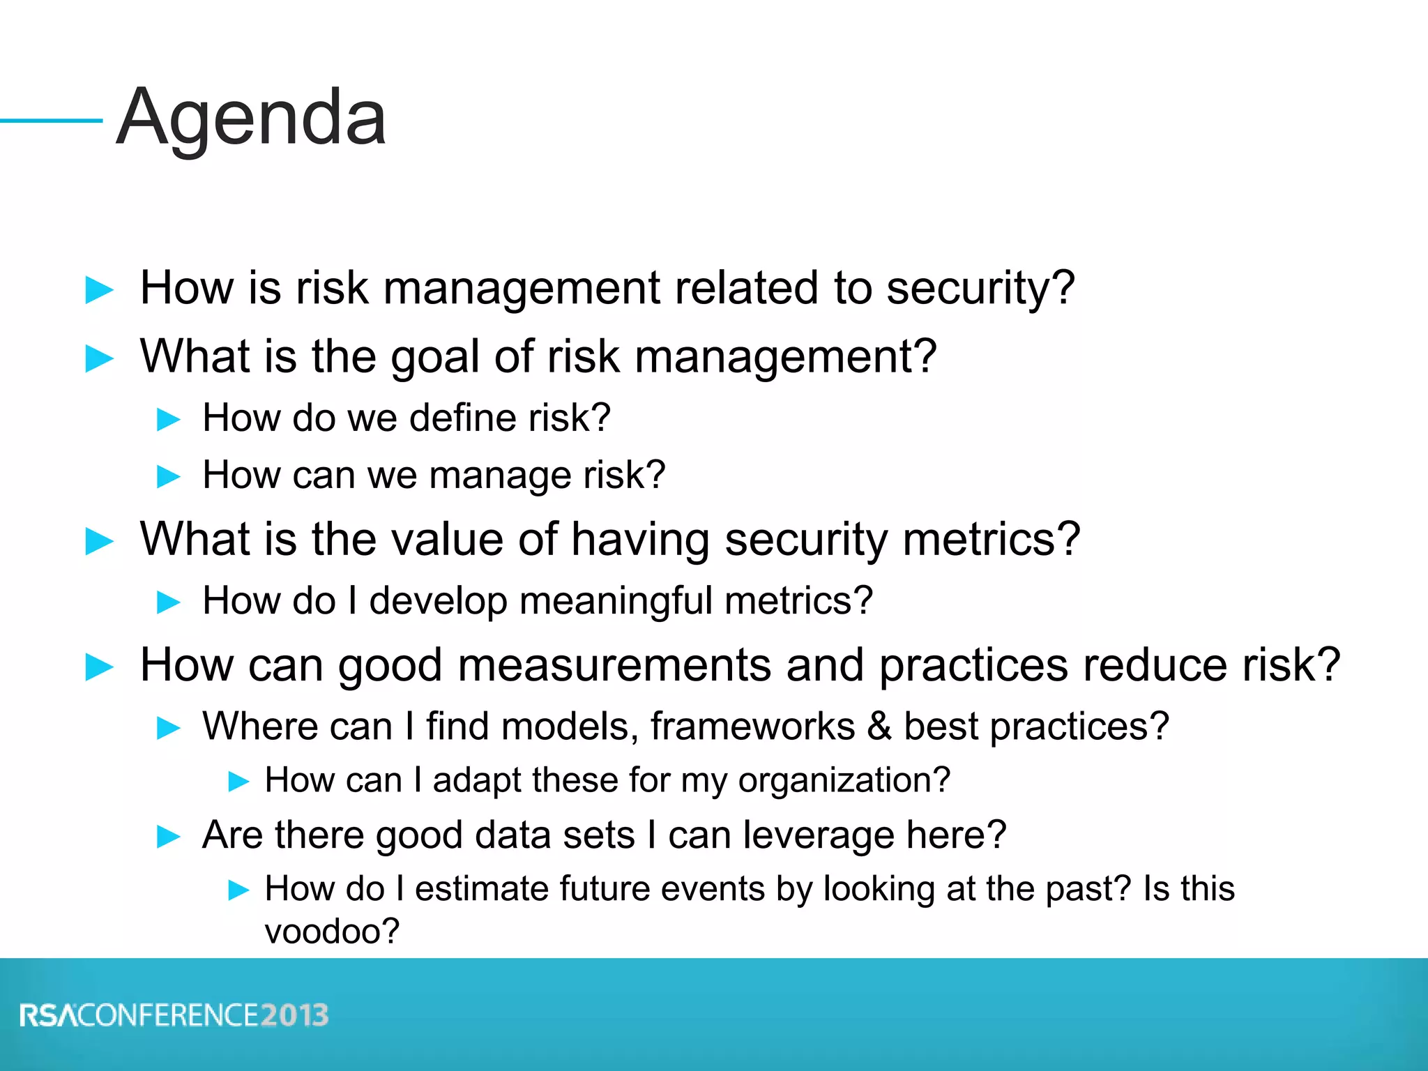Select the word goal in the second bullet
(435, 357)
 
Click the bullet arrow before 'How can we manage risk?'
(169, 477)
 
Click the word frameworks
(752, 727)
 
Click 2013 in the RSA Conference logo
(295, 1015)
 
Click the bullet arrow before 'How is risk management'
(99, 290)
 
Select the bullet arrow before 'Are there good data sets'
(169, 836)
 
